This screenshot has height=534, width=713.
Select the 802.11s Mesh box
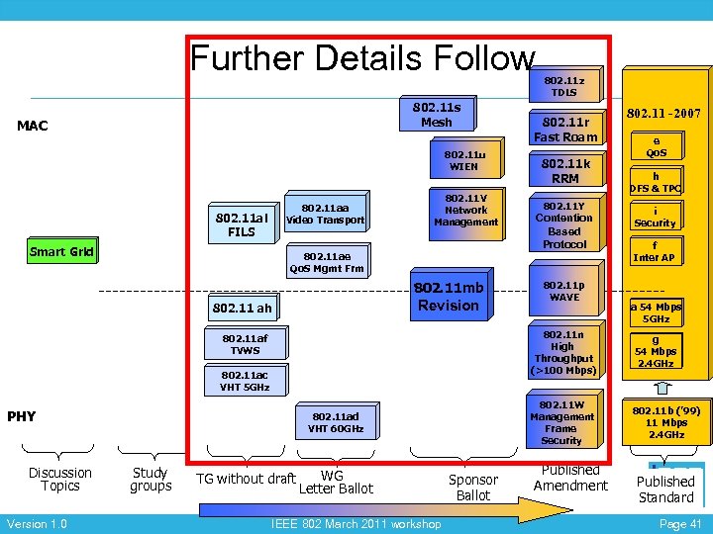coord(437,114)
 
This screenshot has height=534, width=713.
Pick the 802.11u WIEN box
coord(464,160)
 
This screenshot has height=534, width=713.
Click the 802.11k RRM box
coord(565,170)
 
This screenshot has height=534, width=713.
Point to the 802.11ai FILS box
coord(242,224)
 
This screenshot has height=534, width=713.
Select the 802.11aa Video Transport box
coord(325,214)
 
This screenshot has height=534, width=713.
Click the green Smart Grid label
coord(61,251)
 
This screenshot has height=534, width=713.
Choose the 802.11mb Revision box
coord(449,297)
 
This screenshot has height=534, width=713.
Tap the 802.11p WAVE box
coord(564,291)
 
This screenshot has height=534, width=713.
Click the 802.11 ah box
coord(242,309)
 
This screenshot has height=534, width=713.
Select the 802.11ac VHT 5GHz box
coord(245,381)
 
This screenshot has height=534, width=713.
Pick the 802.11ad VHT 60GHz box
coord(336,422)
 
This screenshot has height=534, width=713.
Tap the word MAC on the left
coord(33,126)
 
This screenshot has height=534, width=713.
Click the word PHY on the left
coord(22,416)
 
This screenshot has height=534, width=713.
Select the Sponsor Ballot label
coord(473,487)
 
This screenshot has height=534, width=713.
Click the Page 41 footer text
coord(680,524)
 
